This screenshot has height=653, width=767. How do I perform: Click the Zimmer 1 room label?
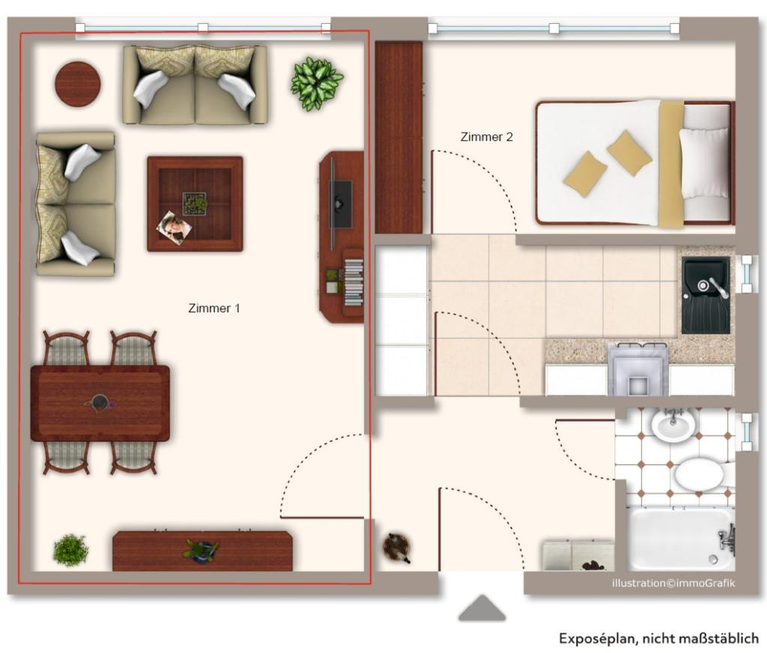pyautogui.click(x=213, y=309)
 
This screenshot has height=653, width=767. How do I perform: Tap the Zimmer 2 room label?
pyautogui.click(x=487, y=137)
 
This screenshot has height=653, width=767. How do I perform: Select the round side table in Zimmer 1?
pyautogui.click(x=78, y=83)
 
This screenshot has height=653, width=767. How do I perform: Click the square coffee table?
pyautogui.click(x=195, y=204)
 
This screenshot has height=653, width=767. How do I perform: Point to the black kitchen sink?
pyautogui.click(x=706, y=296)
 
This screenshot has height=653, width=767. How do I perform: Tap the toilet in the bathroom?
pyautogui.click(x=700, y=473)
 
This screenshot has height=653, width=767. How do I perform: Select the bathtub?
pyautogui.click(x=680, y=538)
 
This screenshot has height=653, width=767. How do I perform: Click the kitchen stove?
pyautogui.click(x=638, y=369)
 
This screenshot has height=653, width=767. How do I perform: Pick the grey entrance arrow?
pyautogui.click(x=482, y=609)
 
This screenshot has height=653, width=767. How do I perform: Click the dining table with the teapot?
pyautogui.click(x=100, y=404)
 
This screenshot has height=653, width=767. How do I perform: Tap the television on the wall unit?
pyautogui.click(x=340, y=204)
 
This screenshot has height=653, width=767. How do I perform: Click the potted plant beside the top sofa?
pyautogui.click(x=316, y=82)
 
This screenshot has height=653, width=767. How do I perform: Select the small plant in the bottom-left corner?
pyautogui.click(x=71, y=550)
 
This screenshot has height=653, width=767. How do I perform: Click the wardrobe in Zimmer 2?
pyautogui.click(x=398, y=138)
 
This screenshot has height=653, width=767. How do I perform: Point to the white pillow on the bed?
pyautogui.click(x=703, y=163)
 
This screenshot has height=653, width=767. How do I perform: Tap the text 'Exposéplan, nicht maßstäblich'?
pyautogui.click(x=658, y=639)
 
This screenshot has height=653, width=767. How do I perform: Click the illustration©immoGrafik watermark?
pyautogui.click(x=673, y=583)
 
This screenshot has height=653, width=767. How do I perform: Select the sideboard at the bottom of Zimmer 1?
pyautogui.click(x=202, y=551)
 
